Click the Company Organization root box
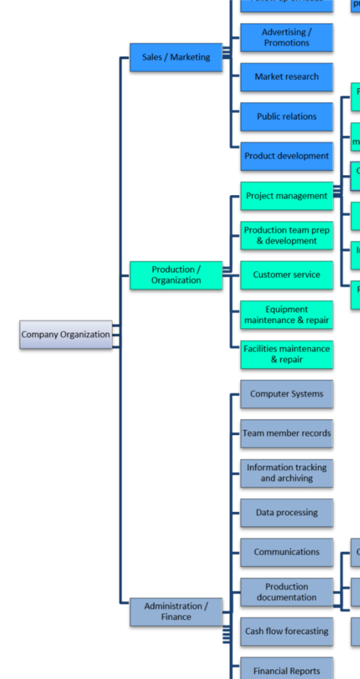click(66, 335)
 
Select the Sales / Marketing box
click(176, 58)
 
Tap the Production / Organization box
click(176, 275)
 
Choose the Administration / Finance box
click(176, 611)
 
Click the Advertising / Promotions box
click(286, 38)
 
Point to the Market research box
click(286, 77)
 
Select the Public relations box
click(286, 117)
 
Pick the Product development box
click(286, 156)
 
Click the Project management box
click(286, 196)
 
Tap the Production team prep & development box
click(286, 235)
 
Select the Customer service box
click(286, 275)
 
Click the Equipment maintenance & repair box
click(286, 315)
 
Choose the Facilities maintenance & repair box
click(286, 354)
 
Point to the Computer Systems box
click(286, 394)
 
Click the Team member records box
click(286, 434)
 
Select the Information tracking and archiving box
click(286, 473)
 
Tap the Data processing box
click(286, 513)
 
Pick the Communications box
click(286, 552)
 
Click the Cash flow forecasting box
click(286, 631)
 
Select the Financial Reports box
click(286, 670)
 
